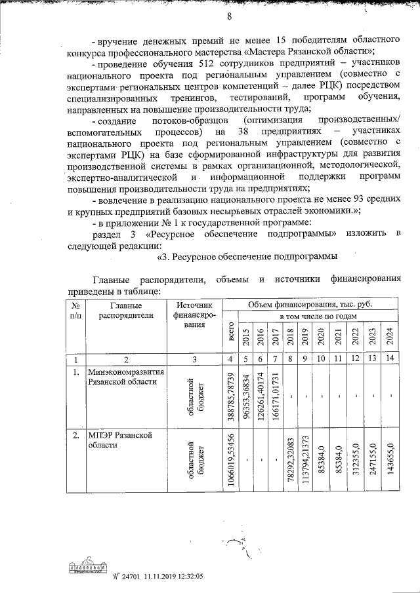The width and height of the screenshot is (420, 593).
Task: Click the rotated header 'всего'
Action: pos(230,334)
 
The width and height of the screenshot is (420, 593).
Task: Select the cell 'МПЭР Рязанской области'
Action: pos(116,440)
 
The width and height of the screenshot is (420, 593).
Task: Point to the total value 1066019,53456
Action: pos(230,457)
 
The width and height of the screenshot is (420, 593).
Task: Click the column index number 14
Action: pos(390,359)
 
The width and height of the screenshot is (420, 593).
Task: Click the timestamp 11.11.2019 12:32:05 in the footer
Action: pos(172,577)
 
